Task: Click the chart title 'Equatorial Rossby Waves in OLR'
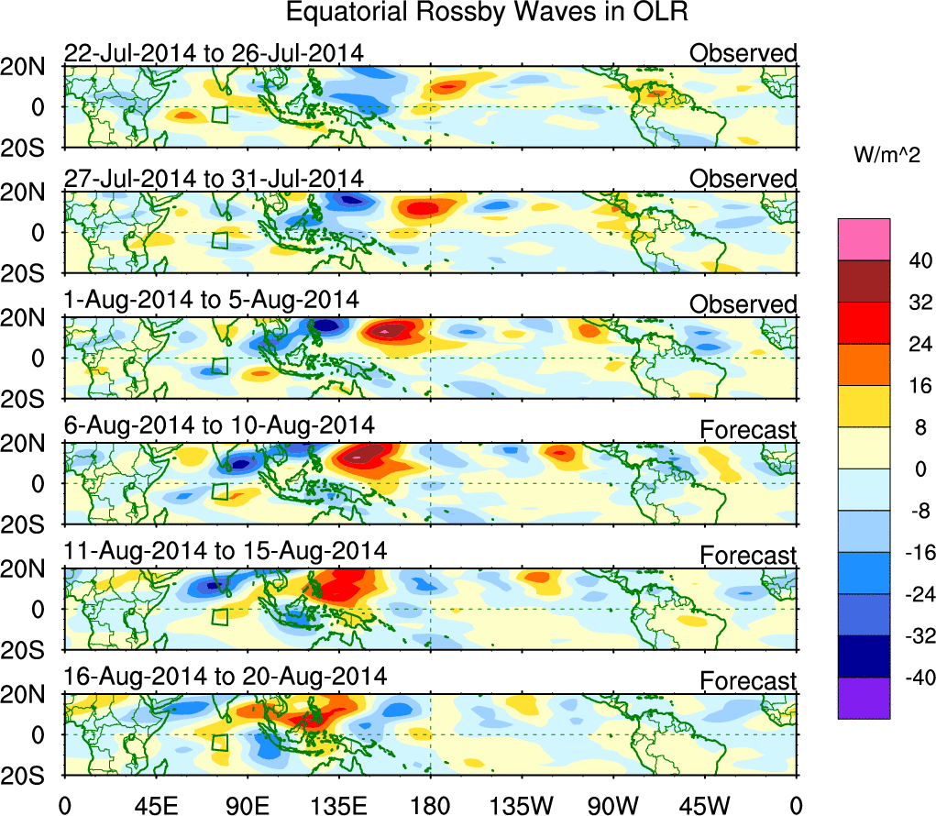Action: click(486, 14)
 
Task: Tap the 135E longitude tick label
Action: click(339, 806)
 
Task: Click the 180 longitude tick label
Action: click(430, 806)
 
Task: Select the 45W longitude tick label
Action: click(706, 806)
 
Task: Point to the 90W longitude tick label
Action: click(614, 806)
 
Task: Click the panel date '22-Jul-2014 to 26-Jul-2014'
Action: click(213, 53)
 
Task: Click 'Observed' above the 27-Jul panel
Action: click(743, 179)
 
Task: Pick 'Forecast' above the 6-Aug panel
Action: click(748, 428)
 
